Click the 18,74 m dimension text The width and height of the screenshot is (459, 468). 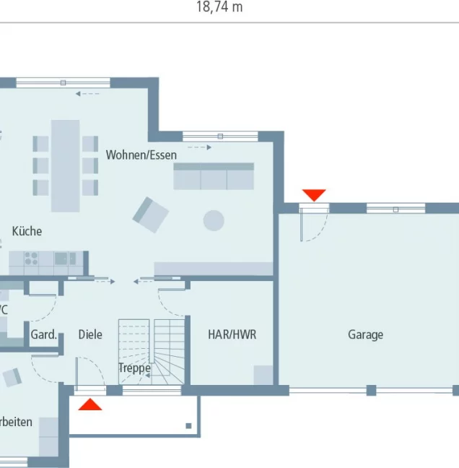[219, 7]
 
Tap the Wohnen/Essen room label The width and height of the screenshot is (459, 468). [141, 155]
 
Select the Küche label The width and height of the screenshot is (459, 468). [27, 231]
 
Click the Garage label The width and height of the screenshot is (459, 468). [365, 334]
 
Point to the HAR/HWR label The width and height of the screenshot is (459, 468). [232, 334]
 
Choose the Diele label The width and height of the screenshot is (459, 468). [90, 334]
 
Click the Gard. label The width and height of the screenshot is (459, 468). [43, 334]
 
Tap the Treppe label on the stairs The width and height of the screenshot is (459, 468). [135, 368]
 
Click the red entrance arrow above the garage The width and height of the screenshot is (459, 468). [314, 195]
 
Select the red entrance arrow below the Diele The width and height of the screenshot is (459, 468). [90, 404]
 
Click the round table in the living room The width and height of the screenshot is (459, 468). [214, 220]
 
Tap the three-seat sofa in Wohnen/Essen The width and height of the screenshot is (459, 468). [214, 176]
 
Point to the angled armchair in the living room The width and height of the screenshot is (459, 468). [150, 214]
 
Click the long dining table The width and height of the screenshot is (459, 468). [65, 165]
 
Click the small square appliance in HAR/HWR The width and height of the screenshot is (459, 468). [263, 375]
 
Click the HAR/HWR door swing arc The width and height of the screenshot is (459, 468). [171, 300]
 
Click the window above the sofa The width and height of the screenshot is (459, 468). [220, 136]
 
